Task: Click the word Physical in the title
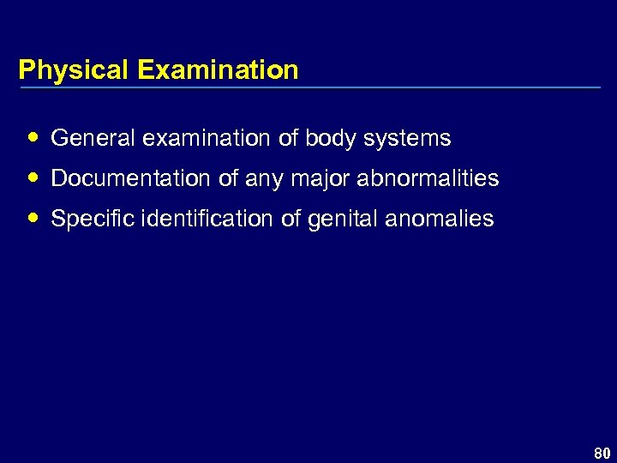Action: (72, 69)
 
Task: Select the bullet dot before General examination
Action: (33, 137)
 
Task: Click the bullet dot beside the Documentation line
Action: (33, 177)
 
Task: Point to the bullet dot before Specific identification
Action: (33, 218)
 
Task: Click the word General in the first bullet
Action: (86, 138)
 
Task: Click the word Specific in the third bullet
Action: (87, 219)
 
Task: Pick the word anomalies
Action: (440, 219)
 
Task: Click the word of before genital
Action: (290, 219)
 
